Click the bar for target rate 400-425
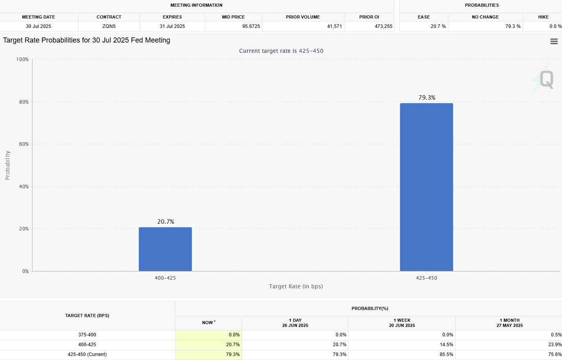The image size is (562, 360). tap(165, 249)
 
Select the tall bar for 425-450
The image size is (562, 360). tap(426, 187)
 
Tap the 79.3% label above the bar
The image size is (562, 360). tap(427, 98)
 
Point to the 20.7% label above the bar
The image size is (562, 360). tap(166, 222)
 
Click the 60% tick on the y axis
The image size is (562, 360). tap(24, 144)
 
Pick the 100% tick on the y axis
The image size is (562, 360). tap(22, 59)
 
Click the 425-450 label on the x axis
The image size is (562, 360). tap(427, 278)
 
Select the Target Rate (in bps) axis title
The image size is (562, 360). tap(296, 286)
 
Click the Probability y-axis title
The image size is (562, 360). tap(7, 165)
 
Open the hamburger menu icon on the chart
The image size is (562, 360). tap(554, 41)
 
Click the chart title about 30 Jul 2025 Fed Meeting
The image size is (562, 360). tap(87, 40)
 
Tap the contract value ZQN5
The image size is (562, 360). tap(109, 26)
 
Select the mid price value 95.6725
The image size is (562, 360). tap(251, 26)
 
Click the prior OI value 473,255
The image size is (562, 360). tap(383, 26)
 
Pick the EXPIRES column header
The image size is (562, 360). tap(172, 17)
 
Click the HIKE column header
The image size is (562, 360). tap(543, 17)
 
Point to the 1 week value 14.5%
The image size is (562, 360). tap(446, 345)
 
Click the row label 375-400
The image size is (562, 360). tap(87, 335)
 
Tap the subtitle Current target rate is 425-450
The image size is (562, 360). tap(281, 51)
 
